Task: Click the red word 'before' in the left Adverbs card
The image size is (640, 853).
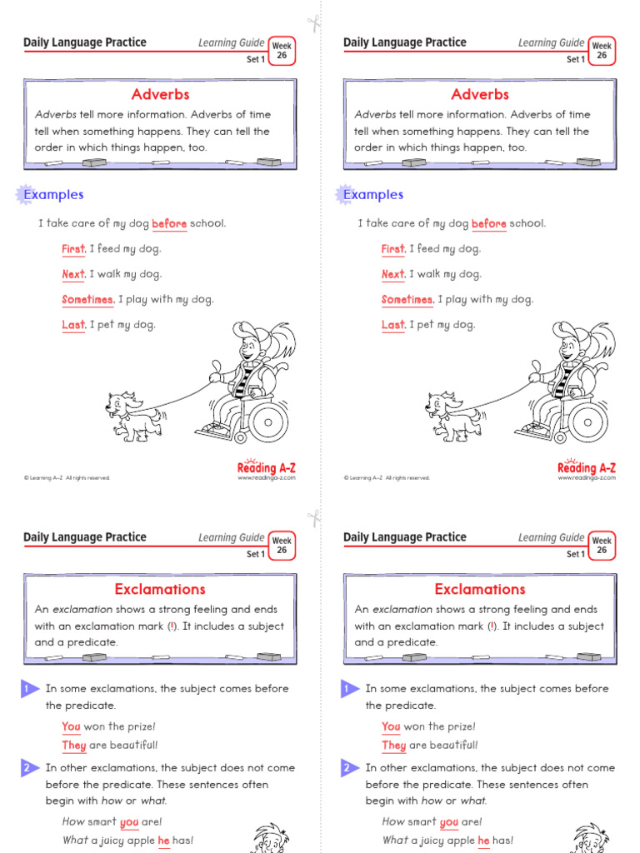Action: pos(169,223)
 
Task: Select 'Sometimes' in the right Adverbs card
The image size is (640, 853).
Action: pos(407,300)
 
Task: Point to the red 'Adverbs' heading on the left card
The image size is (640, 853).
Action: pos(160,94)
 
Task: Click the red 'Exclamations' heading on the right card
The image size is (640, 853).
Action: pos(480,589)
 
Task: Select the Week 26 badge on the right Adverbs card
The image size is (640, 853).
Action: pos(601,51)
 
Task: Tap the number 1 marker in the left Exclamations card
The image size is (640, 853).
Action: pos(27,689)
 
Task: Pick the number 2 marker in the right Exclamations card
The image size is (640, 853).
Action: pos(347,768)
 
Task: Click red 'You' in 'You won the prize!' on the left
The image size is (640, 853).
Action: pos(71,726)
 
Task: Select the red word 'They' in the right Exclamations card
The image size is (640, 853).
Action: pos(394,746)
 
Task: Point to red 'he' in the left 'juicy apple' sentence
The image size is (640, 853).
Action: pos(163,841)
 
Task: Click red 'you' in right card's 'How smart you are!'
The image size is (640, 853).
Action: pos(449,822)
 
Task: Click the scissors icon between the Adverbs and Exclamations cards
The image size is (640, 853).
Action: pos(313,517)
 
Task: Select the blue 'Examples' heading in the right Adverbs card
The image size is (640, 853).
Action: pos(372,195)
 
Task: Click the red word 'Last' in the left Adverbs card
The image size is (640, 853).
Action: pos(73,325)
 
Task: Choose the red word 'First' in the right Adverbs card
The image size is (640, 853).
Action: pos(393,249)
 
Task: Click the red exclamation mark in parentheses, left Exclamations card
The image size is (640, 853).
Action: pos(172,626)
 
